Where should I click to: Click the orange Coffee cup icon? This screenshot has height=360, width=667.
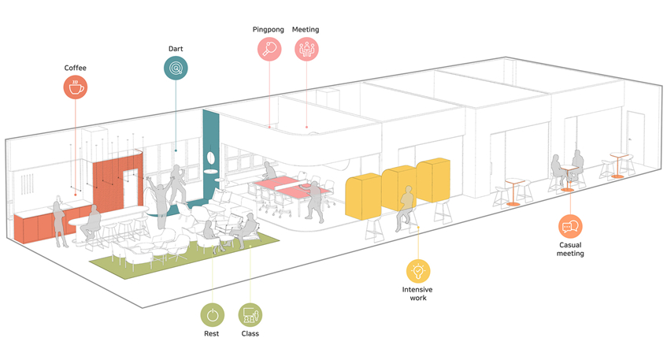(x=76, y=88)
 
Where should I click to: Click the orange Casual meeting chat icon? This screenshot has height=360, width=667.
(x=570, y=227)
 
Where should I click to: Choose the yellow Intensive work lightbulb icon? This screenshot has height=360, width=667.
(x=418, y=271)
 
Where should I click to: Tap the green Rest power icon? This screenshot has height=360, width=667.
(x=212, y=316)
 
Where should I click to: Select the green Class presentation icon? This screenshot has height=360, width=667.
(x=250, y=316)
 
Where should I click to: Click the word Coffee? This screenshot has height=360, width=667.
(x=76, y=68)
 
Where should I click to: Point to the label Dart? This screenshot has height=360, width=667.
(x=176, y=49)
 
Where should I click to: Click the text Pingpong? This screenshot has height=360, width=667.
(x=268, y=30)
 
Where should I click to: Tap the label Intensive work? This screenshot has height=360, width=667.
(x=417, y=293)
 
